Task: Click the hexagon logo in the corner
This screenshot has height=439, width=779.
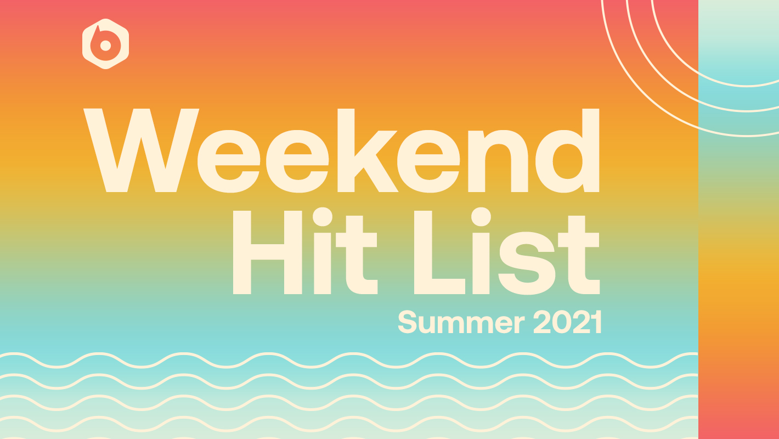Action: coord(105,44)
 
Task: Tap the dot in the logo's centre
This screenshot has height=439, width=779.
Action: coord(105,45)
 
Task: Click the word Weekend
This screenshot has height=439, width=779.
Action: coord(341,150)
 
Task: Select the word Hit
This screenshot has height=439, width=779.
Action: coord(305,251)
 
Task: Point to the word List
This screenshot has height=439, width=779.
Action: coord(507,251)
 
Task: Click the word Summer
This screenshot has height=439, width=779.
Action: coord(461,323)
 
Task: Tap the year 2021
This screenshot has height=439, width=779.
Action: coord(568,322)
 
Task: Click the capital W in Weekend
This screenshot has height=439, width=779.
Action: coord(141,150)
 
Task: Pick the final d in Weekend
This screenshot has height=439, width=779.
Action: coord(567,150)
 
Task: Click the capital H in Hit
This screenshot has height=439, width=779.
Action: coord(267,252)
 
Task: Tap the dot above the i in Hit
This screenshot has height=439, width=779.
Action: coord(323,217)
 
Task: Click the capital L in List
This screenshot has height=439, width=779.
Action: coord(439,252)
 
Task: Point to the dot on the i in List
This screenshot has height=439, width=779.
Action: coord(481,217)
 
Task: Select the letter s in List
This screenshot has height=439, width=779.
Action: coord(527,263)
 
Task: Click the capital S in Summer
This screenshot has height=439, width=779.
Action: coord(408,323)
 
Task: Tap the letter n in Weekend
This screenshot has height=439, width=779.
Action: coord(498,161)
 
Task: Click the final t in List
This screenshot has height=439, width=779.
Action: coord(579,255)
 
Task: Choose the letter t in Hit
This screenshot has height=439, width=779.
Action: coord(357,255)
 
